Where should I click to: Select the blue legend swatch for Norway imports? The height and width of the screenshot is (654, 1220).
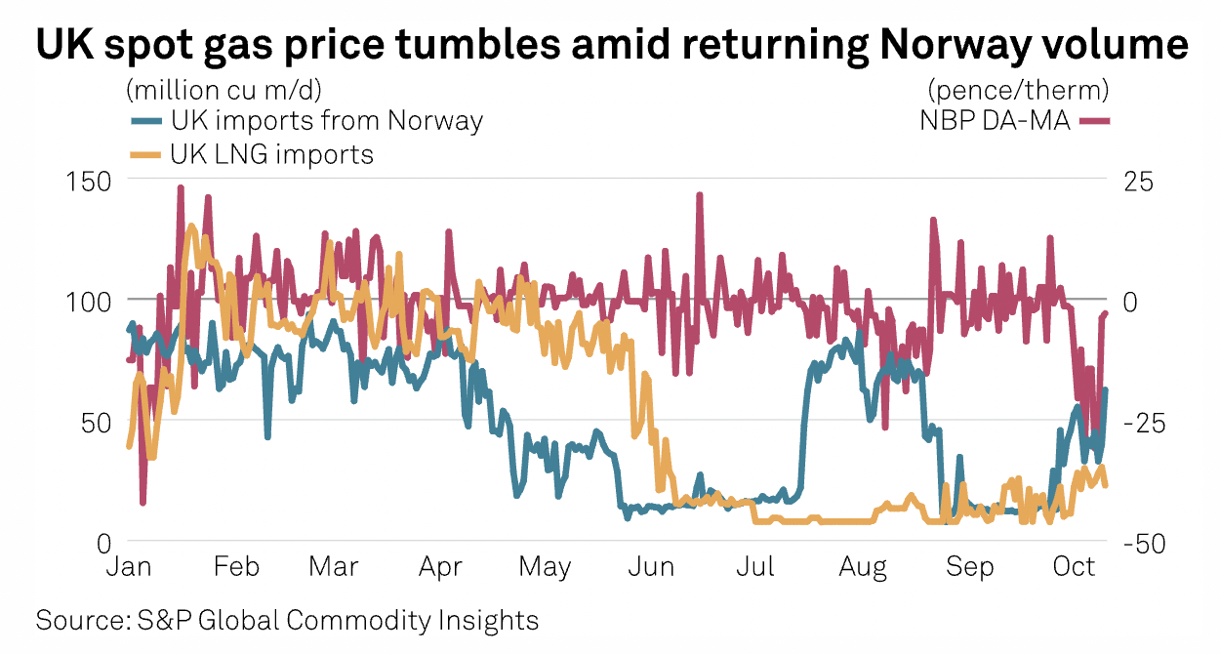coord(146,121)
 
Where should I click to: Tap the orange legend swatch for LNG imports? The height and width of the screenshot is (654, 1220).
coord(146,153)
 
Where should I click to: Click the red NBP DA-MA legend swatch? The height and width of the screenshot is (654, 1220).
coord(1095,121)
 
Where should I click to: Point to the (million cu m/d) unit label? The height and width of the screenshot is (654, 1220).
coord(224,91)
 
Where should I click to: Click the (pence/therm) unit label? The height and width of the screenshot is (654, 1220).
coord(1018,91)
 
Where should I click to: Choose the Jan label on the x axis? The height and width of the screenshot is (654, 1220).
coord(127,568)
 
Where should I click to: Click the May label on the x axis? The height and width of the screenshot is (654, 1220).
coord(545,568)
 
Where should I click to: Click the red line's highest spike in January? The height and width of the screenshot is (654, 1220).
coord(181,187)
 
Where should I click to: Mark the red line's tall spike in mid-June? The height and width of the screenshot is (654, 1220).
coord(700,195)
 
